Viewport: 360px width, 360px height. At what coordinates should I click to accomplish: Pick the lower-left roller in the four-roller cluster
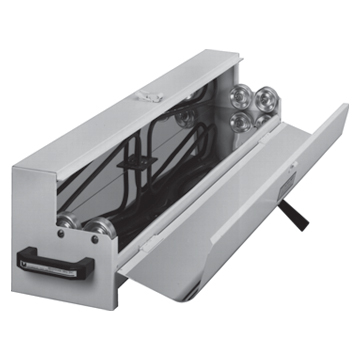tap(240, 119)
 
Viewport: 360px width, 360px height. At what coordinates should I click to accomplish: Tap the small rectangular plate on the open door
tap(289, 177)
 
